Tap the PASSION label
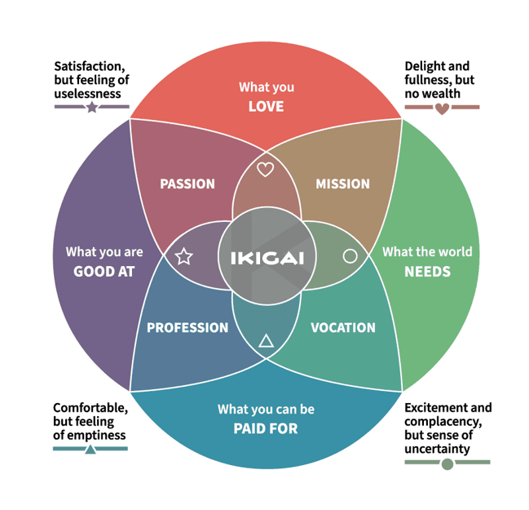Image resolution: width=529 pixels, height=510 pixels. click(x=187, y=184)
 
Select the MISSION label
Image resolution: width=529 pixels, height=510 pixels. click(x=342, y=184)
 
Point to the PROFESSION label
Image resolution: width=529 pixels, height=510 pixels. click(x=187, y=328)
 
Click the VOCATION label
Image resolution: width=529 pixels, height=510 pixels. click(x=343, y=328)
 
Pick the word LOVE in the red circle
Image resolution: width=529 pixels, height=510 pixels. click(x=266, y=106)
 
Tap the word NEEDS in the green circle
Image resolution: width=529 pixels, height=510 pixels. click(x=427, y=271)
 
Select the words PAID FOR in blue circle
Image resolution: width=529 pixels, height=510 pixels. click(x=266, y=428)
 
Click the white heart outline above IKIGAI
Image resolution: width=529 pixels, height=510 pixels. click(x=265, y=170)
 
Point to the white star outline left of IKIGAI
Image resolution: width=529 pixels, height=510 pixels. click(x=183, y=257)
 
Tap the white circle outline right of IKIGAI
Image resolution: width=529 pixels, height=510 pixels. click(x=350, y=256)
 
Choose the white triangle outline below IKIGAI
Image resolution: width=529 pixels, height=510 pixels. click(x=265, y=342)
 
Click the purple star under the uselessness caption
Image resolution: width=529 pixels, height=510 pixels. click(x=92, y=107)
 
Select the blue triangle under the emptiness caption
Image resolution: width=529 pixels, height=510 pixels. click(x=90, y=448)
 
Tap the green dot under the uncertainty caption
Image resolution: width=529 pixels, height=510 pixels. click(x=447, y=464)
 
